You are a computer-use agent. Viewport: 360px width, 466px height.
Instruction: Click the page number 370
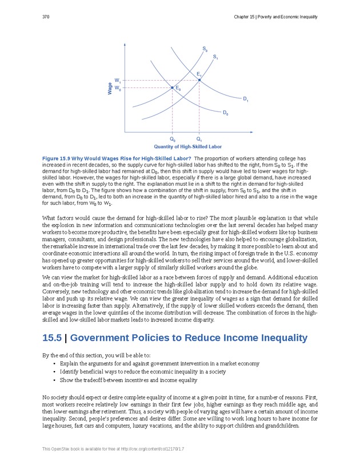46,17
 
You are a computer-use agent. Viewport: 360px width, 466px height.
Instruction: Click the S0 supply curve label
205,50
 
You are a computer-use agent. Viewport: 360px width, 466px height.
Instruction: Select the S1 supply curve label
215,57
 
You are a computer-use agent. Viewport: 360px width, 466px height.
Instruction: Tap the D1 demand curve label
245,100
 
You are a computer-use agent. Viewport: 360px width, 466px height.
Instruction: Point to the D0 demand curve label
226,113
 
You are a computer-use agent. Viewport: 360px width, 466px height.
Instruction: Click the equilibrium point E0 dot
173,87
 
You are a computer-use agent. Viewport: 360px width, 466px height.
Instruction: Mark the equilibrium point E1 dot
199,80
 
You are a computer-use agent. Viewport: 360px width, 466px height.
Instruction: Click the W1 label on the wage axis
117,80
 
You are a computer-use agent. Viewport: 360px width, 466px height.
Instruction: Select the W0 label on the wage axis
117,88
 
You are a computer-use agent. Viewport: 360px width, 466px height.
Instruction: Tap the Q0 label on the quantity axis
173,139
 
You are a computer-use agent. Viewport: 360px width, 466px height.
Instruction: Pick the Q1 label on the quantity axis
199,139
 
